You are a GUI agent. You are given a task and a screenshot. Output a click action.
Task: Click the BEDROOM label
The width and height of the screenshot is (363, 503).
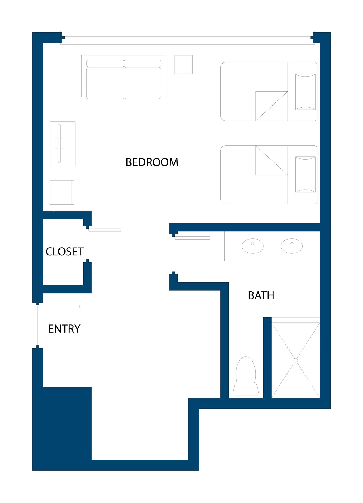(x=152, y=162)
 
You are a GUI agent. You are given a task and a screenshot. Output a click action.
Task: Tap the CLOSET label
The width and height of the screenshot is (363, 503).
(x=65, y=251)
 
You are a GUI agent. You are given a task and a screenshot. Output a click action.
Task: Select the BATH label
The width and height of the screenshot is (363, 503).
(x=261, y=295)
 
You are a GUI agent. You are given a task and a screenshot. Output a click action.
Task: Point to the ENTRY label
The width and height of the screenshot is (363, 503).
(x=64, y=329)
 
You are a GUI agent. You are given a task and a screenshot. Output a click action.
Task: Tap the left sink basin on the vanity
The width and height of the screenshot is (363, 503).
(x=253, y=246)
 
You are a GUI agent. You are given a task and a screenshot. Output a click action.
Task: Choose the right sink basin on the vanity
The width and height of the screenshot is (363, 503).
(x=292, y=246)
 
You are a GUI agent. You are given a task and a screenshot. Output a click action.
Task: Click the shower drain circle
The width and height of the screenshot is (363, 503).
(x=296, y=360)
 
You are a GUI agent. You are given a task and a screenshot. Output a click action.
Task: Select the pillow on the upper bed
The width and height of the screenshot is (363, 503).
(x=305, y=92)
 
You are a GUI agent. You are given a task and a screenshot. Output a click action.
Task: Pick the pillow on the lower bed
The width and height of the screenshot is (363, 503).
(x=305, y=175)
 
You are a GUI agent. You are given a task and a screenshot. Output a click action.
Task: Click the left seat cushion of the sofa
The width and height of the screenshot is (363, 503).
(x=105, y=83)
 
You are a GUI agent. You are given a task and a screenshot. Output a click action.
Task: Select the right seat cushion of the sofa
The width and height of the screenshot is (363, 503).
(x=143, y=83)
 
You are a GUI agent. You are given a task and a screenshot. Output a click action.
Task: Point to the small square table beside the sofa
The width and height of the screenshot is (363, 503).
(x=183, y=65)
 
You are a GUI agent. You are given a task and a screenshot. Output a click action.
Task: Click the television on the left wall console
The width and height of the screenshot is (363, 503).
(x=59, y=144)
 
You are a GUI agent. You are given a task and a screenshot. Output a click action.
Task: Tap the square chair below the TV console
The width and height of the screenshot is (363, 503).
(x=62, y=192)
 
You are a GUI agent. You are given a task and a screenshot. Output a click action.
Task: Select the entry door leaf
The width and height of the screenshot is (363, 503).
(x=59, y=307)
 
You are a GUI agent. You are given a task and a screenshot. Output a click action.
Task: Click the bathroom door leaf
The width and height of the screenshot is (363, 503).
(x=192, y=238)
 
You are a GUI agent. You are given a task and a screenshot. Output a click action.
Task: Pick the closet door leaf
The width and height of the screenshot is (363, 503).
(x=105, y=230)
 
